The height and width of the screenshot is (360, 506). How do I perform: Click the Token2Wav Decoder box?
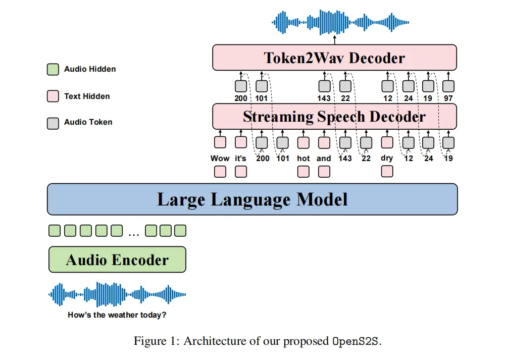(x=334, y=58)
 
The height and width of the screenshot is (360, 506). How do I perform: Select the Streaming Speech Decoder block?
(x=334, y=117)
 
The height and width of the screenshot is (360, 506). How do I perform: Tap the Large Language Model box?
(x=252, y=199)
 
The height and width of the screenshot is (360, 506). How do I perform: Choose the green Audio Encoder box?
(x=117, y=260)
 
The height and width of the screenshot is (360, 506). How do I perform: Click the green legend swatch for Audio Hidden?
(x=53, y=69)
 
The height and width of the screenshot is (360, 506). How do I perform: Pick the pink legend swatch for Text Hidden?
(x=53, y=96)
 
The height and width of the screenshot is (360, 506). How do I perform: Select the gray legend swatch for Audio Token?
(x=53, y=123)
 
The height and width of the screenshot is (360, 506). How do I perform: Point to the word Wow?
(x=220, y=159)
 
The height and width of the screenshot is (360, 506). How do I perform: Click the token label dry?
(x=387, y=159)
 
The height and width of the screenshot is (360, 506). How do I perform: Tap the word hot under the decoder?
(x=303, y=159)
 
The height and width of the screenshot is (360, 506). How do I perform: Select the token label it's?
(x=240, y=159)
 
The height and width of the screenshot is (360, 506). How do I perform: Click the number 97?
(x=448, y=98)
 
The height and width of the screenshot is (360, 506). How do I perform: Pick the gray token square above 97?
(x=448, y=86)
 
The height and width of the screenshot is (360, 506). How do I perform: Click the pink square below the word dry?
(x=387, y=171)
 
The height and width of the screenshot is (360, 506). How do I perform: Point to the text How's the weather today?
(x=117, y=315)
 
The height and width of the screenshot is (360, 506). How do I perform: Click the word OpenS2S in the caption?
(x=356, y=341)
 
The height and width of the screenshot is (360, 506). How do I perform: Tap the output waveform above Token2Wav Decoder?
(x=340, y=22)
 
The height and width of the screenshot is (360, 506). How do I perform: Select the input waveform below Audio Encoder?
(x=117, y=294)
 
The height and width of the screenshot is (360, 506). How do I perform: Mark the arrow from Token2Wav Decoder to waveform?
(x=335, y=40)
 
